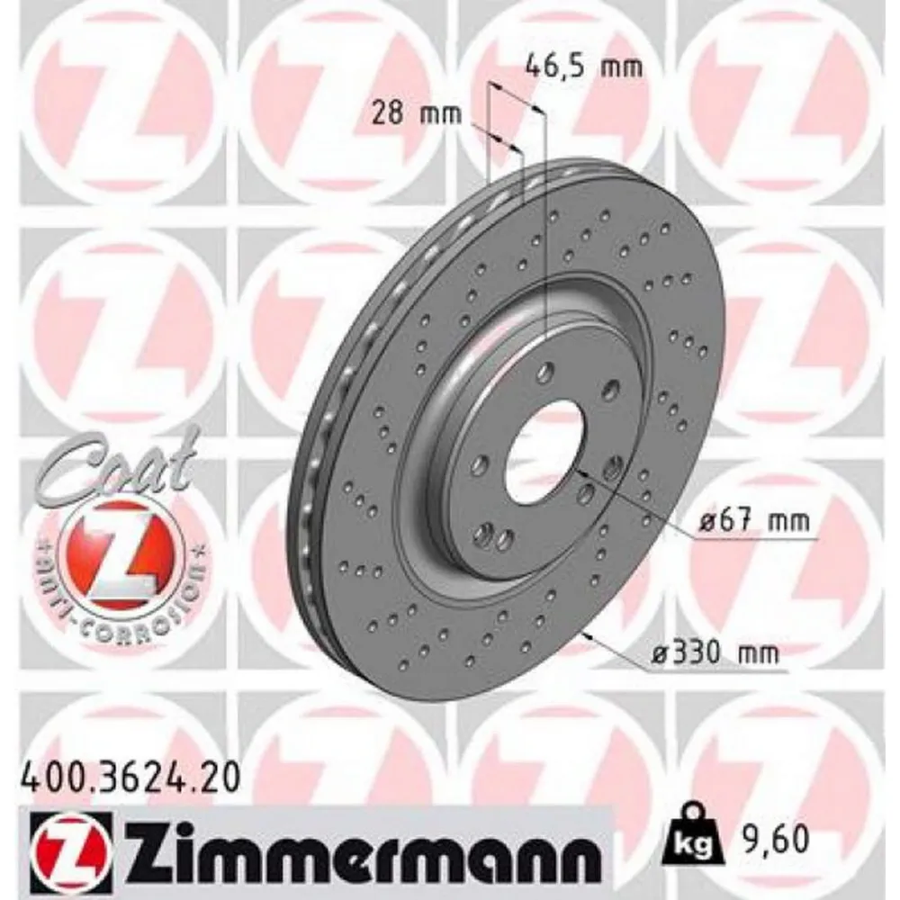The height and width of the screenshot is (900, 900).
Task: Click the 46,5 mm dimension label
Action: [x=584, y=66]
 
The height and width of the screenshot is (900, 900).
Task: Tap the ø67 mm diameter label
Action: [x=754, y=520]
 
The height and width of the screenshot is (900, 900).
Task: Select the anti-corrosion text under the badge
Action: [x=117, y=603]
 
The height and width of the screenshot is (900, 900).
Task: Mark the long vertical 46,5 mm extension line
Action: [x=546, y=225]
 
